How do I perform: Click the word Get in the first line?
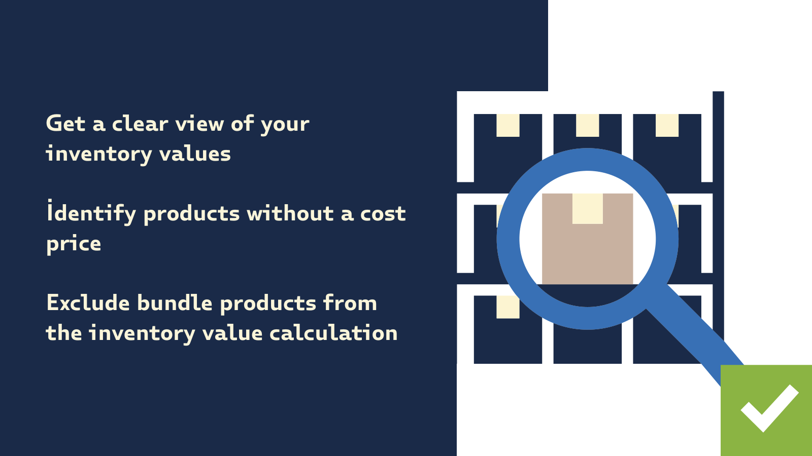tap(65, 124)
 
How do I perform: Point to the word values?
tap(195, 154)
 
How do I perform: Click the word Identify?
tap(91, 213)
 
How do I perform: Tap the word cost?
tap(383, 213)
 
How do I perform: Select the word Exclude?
tap(88, 303)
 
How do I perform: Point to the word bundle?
tap(175, 303)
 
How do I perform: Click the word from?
tap(350, 303)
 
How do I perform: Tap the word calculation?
tap(333, 333)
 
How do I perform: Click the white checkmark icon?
tap(769, 408)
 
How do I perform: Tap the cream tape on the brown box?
tap(587, 208)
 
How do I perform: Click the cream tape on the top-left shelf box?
tap(507, 125)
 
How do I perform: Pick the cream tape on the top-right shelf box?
tap(667, 125)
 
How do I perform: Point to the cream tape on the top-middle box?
tap(587, 125)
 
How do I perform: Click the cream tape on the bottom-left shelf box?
tap(507, 307)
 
